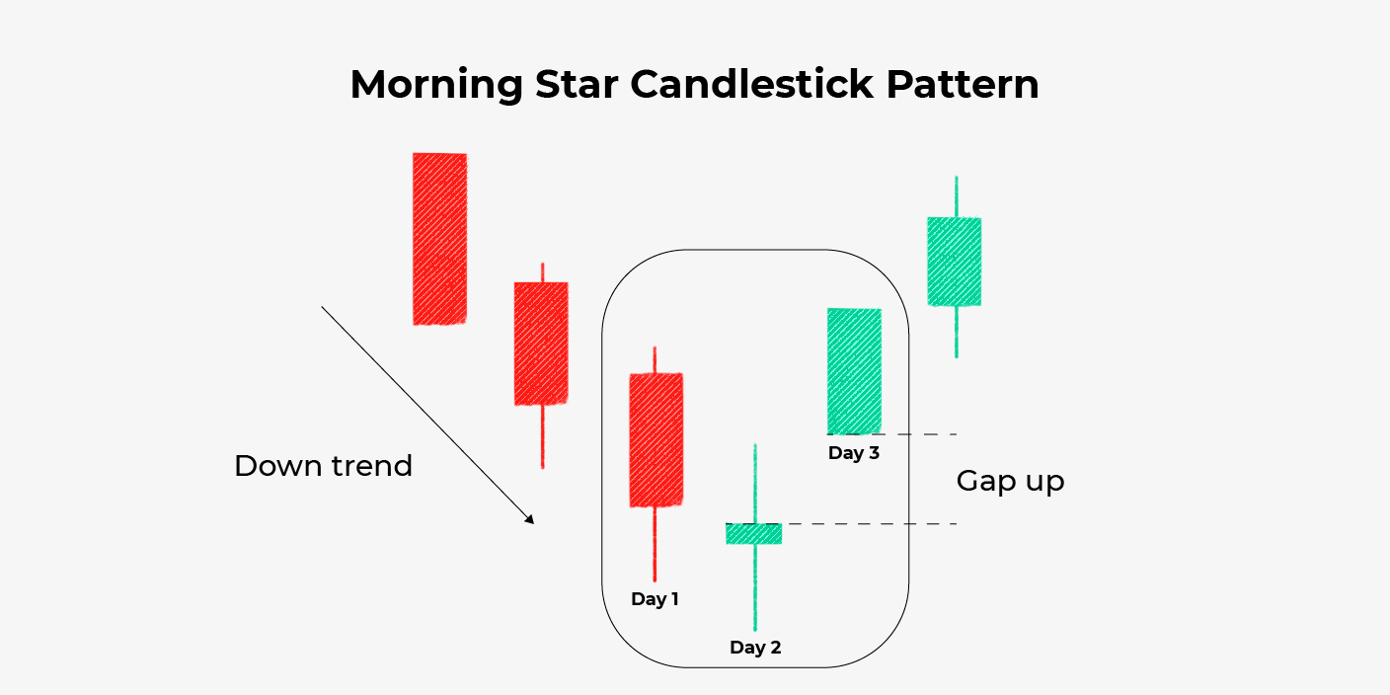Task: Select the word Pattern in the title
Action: click(963, 85)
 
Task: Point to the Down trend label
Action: click(323, 466)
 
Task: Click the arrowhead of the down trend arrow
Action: click(530, 520)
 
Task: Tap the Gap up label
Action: click(1010, 482)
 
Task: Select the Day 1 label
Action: click(655, 599)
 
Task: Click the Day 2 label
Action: click(755, 648)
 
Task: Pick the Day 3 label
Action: click(854, 454)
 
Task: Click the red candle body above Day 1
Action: click(656, 439)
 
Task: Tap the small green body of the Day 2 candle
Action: click(754, 533)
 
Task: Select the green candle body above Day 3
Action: click(854, 371)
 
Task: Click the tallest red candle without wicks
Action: click(439, 238)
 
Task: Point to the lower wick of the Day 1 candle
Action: click(655, 545)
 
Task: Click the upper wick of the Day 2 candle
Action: click(755, 484)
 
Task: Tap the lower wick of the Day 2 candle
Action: click(755, 587)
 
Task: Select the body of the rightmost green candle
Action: click(955, 262)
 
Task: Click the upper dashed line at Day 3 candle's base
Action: click(918, 434)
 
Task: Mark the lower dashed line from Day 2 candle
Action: click(869, 523)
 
